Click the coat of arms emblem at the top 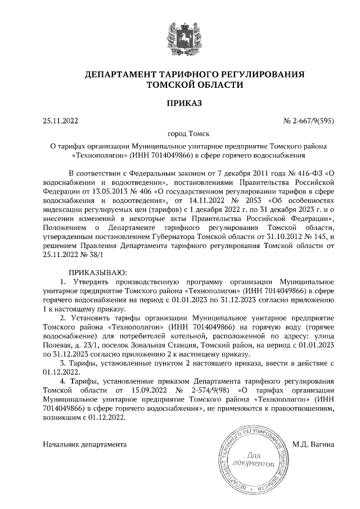[x=179, y=35]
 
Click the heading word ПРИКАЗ [x=179, y=102]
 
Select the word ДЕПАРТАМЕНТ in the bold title [x=119, y=74]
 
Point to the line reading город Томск [x=180, y=134]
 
